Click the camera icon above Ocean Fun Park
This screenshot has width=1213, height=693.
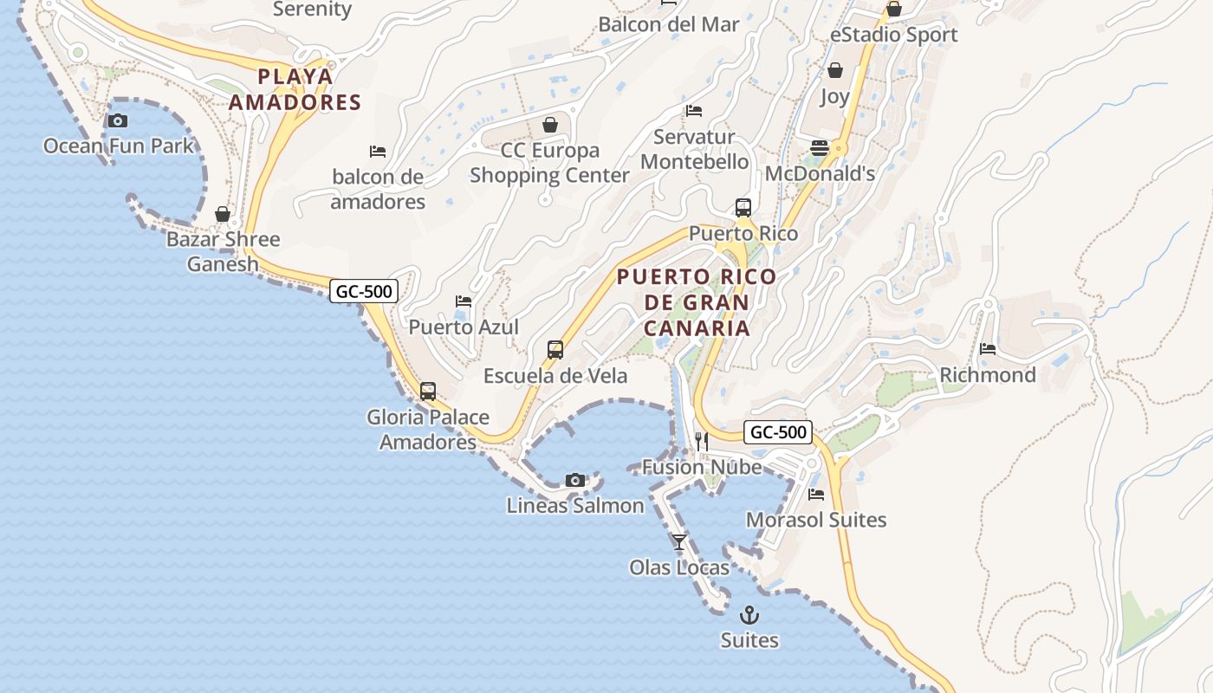(118, 121)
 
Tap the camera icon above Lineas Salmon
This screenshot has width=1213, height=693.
(574, 481)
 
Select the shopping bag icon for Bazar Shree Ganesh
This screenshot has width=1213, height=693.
(223, 214)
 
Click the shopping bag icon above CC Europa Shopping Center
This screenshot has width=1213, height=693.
(549, 126)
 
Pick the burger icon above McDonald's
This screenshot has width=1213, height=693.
(820, 148)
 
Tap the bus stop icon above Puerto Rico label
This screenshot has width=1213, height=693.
(743, 208)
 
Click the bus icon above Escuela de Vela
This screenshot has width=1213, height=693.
(555, 350)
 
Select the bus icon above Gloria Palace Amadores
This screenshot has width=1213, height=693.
(428, 392)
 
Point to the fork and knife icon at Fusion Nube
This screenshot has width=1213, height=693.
(702, 442)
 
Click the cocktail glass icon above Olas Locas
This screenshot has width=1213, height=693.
(679, 542)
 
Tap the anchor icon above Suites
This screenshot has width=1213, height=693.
(749, 616)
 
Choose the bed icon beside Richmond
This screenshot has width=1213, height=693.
(988, 349)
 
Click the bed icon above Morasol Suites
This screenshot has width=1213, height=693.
(816, 495)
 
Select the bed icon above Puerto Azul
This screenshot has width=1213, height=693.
(464, 301)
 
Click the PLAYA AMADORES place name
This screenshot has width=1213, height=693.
(295, 89)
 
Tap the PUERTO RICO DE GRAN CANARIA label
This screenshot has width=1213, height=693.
(697, 302)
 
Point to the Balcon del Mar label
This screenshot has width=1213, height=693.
(669, 24)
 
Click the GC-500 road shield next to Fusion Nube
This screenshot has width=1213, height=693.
(778, 432)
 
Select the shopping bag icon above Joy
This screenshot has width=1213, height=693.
(835, 70)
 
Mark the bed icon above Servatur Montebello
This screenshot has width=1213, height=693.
(694, 111)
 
